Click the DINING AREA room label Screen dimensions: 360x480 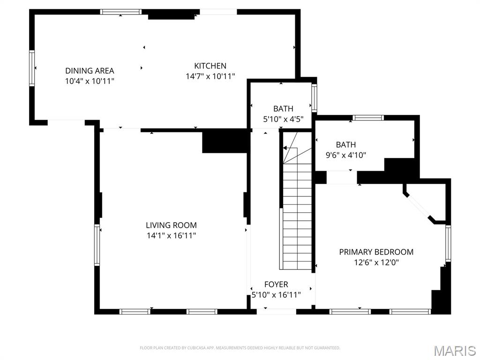click(90, 71)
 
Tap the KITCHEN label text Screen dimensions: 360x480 click(210, 66)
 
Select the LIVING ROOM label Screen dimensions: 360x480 click(171, 225)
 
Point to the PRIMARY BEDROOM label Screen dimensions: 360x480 click(376, 252)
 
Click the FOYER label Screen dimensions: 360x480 click(276, 285)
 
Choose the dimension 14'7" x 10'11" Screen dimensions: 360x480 click(210, 76)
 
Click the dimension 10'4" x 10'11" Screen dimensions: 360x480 click(90, 81)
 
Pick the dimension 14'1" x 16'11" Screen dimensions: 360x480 click(171, 235)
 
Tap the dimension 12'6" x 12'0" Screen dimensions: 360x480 click(376, 263)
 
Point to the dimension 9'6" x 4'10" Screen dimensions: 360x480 click(345, 155)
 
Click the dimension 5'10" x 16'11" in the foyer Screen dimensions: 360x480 click(276, 295)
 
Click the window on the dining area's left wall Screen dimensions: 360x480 click(32, 68)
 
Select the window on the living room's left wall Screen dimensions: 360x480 click(97, 245)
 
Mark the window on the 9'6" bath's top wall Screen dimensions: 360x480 click(368, 118)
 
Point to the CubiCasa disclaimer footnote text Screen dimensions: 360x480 click(240, 348)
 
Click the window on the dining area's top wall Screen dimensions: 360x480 click(121, 12)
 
